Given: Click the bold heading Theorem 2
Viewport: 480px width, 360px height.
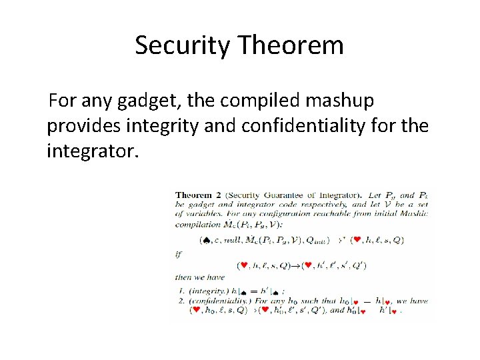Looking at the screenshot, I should [201, 195].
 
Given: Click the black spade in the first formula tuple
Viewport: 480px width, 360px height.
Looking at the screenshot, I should [205, 239].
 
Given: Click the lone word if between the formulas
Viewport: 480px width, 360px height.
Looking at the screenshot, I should [178, 254].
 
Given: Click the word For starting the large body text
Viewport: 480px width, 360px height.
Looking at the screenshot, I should [63, 101].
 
